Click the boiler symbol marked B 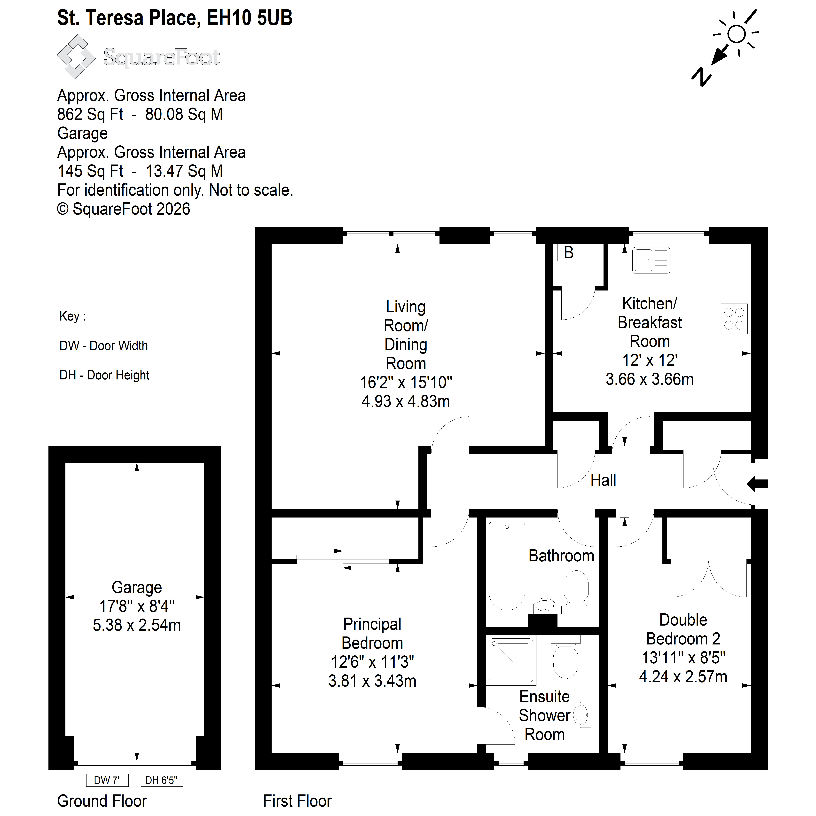click(568, 253)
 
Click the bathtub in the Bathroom click(507, 566)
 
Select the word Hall click(603, 480)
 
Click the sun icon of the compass click(737, 34)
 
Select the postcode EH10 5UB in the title click(249, 18)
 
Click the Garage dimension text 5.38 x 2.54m click(137, 625)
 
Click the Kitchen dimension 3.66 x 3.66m click(650, 379)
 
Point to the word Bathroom click(561, 556)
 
